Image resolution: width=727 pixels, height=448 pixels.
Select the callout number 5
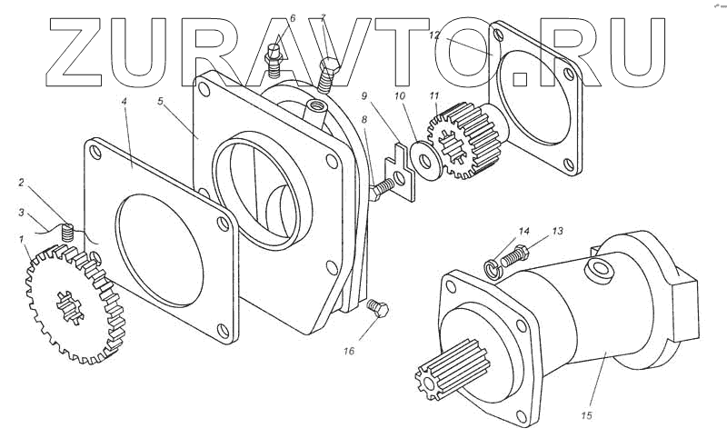160,102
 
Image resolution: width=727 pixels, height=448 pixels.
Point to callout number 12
434,35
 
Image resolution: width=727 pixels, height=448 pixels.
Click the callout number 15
586,415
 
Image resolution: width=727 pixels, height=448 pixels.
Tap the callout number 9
365,95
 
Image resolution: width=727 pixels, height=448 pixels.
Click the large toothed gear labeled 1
77,304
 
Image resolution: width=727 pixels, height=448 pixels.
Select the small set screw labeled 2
65,235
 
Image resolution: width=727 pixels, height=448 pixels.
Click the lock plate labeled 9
400,166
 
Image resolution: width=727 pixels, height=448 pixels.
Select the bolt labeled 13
514,255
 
